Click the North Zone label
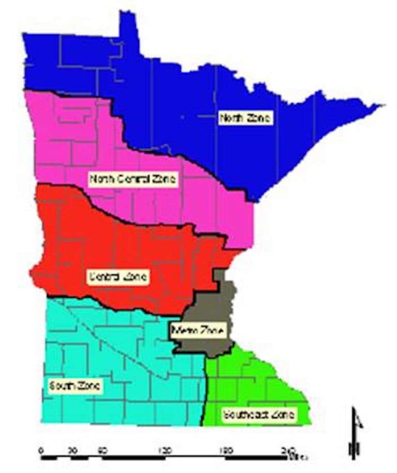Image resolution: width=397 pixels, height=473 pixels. pyautogui.click(x=245, y=119)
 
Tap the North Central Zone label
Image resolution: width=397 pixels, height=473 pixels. pyautogui.click(x=133, y=180)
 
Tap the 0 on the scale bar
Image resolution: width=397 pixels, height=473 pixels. pyautogui.click(x=41, y=450)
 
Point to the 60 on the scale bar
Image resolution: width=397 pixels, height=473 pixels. pyautogui.click(x=103, y=450)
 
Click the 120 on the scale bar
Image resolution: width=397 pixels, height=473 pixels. pyautogui.click(x=165, y=450)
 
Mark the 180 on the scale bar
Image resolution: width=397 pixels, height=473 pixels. pyautogui.click(x=226, y=450)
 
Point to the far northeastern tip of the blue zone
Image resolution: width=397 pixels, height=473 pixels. pyautogui.click(x=383, y=106)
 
